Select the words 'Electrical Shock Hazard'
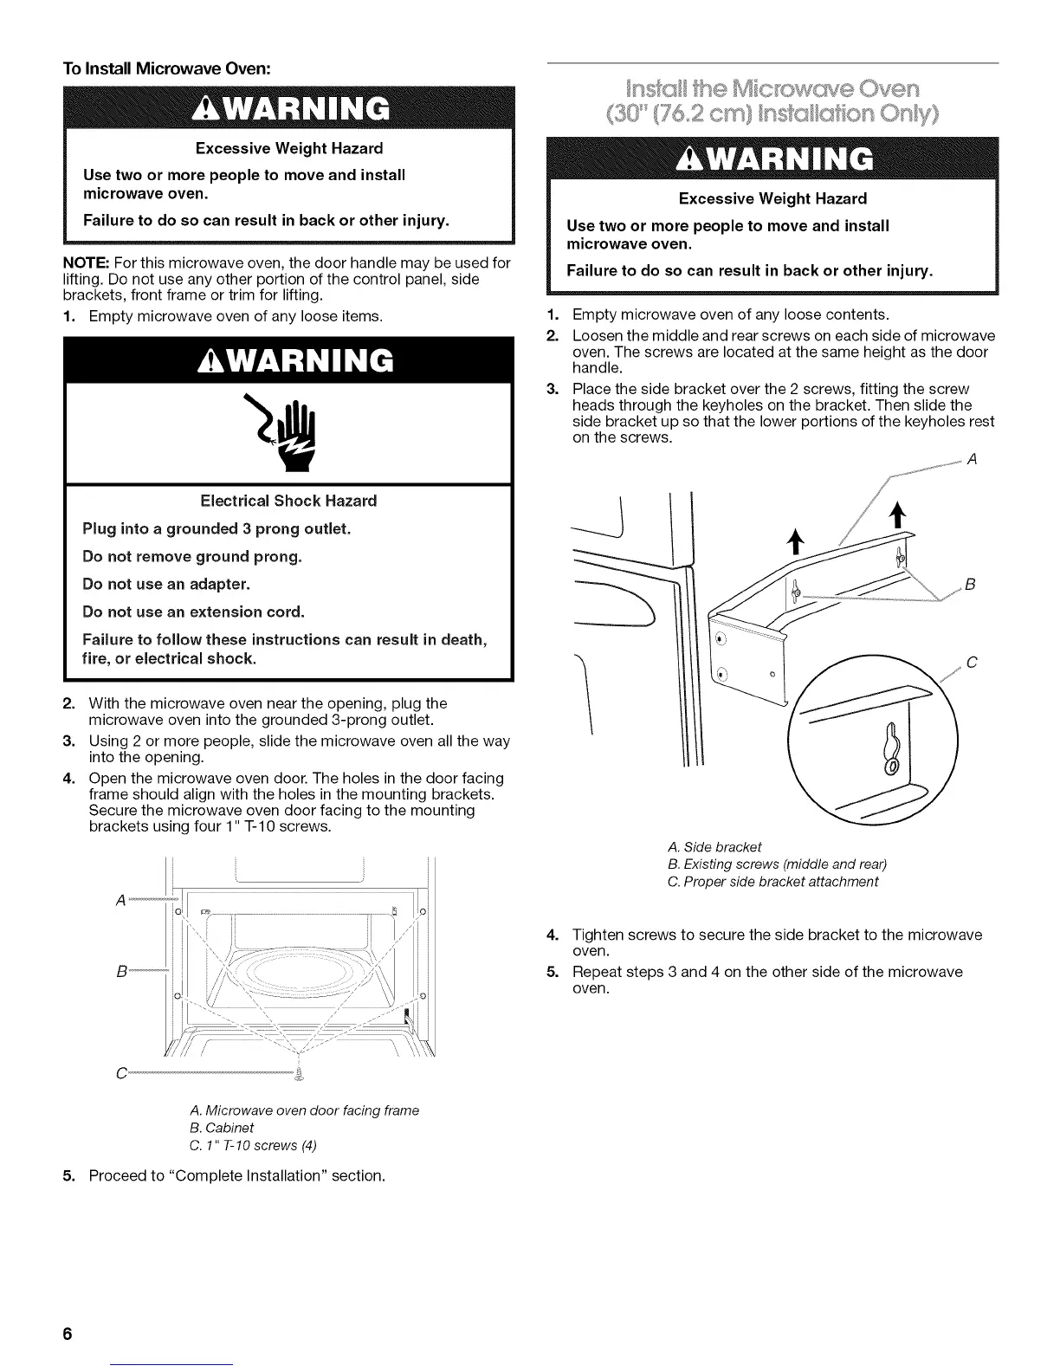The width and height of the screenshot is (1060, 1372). (x=288, y=501)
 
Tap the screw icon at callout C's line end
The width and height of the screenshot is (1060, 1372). (x=300, y=1074)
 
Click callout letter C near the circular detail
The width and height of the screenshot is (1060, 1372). (x=971, y=663)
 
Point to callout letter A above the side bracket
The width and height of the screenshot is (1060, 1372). (x=971, y=460)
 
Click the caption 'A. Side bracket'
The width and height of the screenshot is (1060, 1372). (x=714, y=847)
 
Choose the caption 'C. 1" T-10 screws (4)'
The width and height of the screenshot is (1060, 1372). (x=253, y=1145)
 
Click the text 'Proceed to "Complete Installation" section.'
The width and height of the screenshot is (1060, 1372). (x=236, y=1176)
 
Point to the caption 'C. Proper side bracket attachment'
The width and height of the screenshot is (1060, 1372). (x=772, y=882)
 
